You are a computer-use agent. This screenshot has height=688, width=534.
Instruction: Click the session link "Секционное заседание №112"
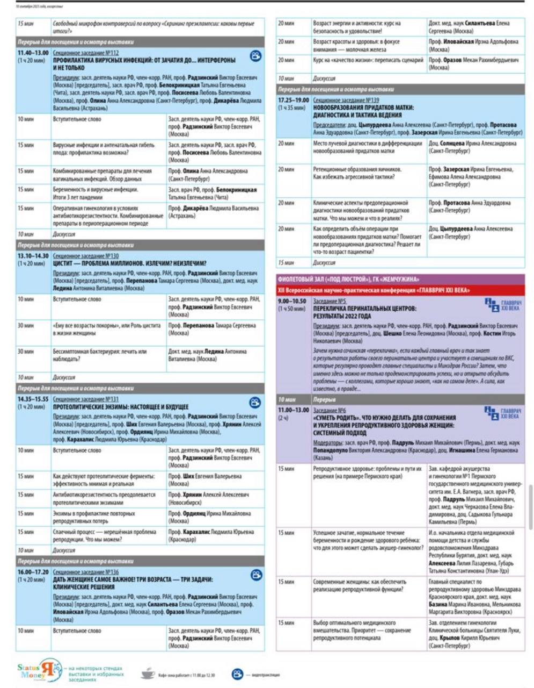tap(86, 53)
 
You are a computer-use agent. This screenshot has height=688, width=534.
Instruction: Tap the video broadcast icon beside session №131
tap(255, 403)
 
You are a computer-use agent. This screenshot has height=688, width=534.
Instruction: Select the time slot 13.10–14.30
tap(33, 256)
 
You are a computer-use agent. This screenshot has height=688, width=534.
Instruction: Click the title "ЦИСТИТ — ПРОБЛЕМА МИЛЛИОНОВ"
tap(129, 263)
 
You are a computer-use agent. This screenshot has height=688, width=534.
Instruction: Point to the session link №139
tap(346, 100)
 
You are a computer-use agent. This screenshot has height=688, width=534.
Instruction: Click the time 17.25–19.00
tap(294, 100)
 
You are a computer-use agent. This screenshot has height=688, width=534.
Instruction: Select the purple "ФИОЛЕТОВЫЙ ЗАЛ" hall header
tap(349, 279)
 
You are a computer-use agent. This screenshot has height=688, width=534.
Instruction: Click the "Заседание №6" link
tap(330, 410)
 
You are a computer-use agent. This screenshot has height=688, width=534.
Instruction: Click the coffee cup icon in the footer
tap(147, 673)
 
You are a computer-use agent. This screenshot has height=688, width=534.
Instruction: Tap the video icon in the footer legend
tap(237, 674)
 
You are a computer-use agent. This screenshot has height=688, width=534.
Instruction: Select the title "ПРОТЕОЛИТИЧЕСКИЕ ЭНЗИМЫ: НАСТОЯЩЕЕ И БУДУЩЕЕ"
tap(121, 407)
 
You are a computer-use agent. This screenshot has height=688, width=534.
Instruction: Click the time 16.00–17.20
tap(33, 572)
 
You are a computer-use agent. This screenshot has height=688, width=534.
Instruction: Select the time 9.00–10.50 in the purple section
tap(292, 302)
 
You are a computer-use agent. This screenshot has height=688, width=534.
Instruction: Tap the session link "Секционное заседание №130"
tap(86, 256)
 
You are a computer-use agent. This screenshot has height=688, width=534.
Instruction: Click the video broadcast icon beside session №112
tap(255, 56)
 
